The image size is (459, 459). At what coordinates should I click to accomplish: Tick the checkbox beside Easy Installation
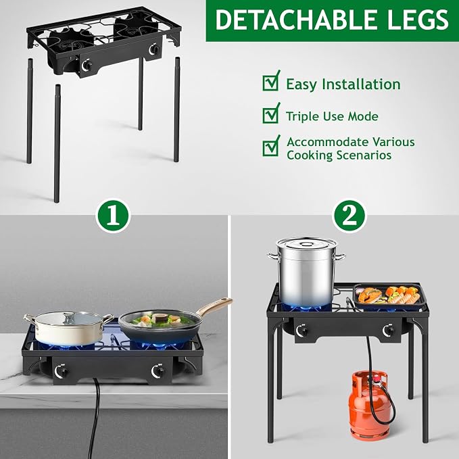click(x=270, y=82)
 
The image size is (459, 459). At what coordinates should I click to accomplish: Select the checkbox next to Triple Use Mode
click(x=270, y=115)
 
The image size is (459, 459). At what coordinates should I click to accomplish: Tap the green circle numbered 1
click(x=114, y=216)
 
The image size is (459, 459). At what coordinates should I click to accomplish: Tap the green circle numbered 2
click(x=349, y=216)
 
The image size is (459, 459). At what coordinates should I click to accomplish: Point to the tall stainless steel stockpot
click(x=306, y=271)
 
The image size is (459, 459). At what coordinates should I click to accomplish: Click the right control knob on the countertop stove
click(x=158, y=370)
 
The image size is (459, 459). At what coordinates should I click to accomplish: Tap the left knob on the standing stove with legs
click(x=301, y=331)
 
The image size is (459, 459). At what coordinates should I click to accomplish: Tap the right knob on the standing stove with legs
click(x=389, y=331)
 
